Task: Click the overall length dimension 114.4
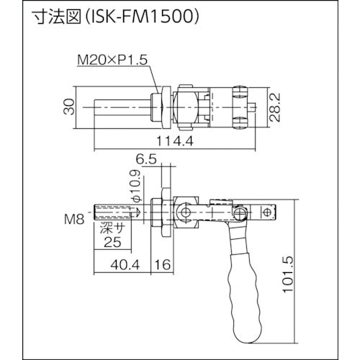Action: coord(168,141)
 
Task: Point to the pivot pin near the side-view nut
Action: coord(188,212)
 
